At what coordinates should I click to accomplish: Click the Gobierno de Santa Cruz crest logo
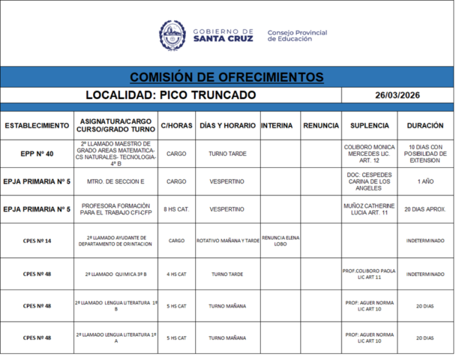point(172,34)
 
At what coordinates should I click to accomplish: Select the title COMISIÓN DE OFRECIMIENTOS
point(226,77)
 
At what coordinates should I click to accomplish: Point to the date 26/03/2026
point(397,95)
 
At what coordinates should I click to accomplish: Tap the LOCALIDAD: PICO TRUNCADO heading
point(170,95)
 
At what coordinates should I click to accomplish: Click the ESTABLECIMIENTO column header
point(37,125)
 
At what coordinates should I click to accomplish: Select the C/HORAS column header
point(176,125)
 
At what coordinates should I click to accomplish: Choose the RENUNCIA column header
point(320,125)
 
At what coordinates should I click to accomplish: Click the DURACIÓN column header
point(425,125)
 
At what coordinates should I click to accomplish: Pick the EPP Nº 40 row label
point(37,153)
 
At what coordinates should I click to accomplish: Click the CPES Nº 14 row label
point(37,241)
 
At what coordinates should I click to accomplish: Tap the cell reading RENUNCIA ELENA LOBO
point(280,241)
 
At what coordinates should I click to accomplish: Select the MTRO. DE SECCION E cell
point(115,181)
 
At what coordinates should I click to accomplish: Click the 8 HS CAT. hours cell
point(176,209)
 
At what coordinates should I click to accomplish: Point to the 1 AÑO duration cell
point(425,181)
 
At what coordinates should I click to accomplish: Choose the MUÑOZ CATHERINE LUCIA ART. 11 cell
point(368,209)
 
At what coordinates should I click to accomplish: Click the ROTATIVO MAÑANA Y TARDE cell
point(227,241)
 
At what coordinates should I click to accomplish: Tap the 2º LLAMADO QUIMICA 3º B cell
point(115,274)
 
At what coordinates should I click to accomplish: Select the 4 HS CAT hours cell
point(176,274)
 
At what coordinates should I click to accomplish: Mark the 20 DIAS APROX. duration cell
point(425,209)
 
